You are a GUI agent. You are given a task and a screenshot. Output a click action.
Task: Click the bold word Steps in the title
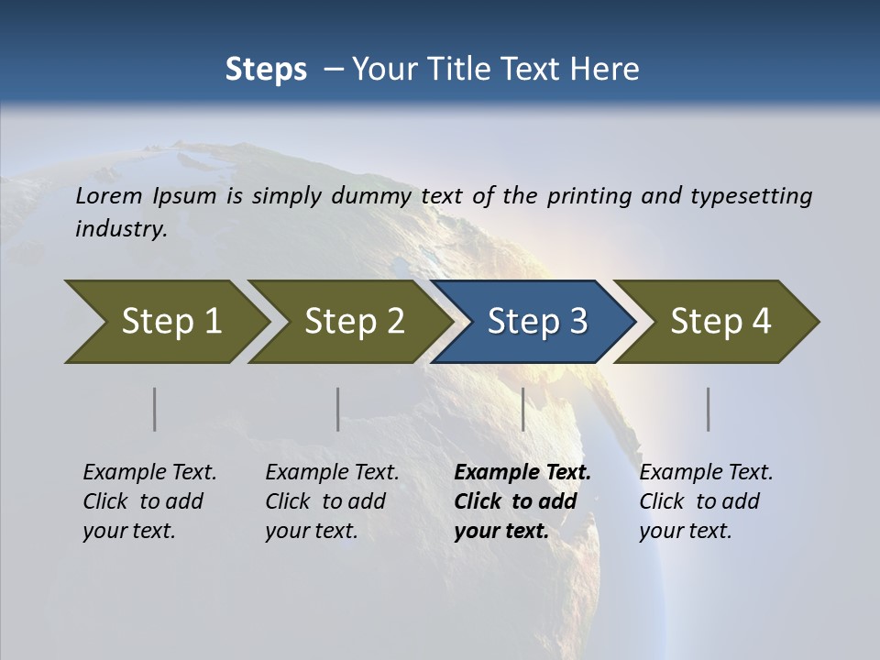(x=266, y=69)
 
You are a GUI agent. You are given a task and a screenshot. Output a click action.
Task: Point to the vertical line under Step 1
(x=155, y=409)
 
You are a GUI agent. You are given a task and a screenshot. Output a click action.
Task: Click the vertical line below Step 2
(x=338, y=409)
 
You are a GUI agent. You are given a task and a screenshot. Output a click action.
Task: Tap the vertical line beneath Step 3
(x=523, y=409)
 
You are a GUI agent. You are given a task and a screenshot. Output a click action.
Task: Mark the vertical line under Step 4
(x=709, y=409)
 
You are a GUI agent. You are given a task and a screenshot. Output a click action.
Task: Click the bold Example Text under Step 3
(x=522, y=473)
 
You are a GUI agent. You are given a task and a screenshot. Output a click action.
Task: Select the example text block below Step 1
(x=149, y=501)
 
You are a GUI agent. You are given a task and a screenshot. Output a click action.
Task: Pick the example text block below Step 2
(x=332, y=501)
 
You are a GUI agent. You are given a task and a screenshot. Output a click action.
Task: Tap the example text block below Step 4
(x=706, y=501)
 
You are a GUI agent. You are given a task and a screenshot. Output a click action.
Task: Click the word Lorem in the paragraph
(x=109, y=195)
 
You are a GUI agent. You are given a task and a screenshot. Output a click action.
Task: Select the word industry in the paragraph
(x=120, y=228)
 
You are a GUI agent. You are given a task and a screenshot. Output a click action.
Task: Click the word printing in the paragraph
(x=588, y=196)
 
